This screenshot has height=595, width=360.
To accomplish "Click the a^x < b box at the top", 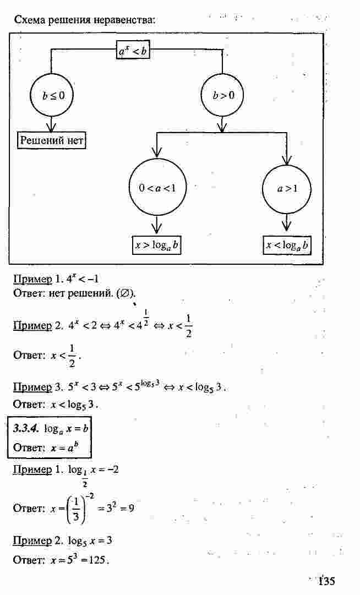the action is coord(133,50).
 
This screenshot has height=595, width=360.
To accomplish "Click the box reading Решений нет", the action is coord(52,140).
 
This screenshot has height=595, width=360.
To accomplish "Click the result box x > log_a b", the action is coord(156,245).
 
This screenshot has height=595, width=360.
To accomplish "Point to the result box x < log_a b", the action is coord(287,245).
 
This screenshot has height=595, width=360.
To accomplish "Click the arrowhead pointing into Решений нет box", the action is coord(51,127).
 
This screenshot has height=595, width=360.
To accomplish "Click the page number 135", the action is coord(326,581).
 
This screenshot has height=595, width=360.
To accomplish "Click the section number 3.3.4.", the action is coord(26,428).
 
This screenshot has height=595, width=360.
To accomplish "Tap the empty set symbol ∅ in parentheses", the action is coord(123,293).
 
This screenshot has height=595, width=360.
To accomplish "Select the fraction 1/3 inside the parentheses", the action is coord(75,508).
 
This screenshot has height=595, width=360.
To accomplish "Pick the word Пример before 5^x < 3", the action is coord(32,387).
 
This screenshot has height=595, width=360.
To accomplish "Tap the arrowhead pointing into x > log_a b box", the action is coord(156,229).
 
